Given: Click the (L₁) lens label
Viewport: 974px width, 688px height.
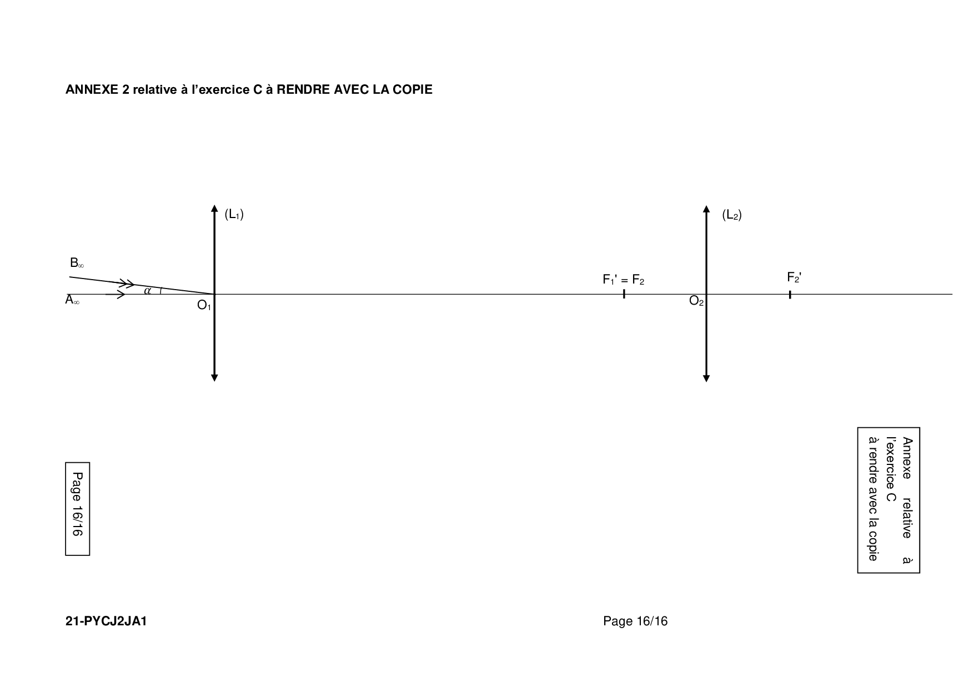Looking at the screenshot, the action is [234, 215].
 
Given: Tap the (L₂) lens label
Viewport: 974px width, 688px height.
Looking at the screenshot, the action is [731, 215].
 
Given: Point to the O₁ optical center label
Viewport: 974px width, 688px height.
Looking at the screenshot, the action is [204, 305].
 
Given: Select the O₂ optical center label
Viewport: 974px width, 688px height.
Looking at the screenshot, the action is [696, 301].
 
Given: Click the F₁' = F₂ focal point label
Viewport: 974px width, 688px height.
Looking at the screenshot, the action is [624, 280].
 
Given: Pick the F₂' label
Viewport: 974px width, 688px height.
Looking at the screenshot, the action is [794, 277].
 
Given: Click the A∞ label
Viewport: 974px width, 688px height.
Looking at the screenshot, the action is [72, 300].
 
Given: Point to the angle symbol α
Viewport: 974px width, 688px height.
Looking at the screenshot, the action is [147, 290].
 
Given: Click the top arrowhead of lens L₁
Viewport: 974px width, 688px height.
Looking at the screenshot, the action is [214, 209].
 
